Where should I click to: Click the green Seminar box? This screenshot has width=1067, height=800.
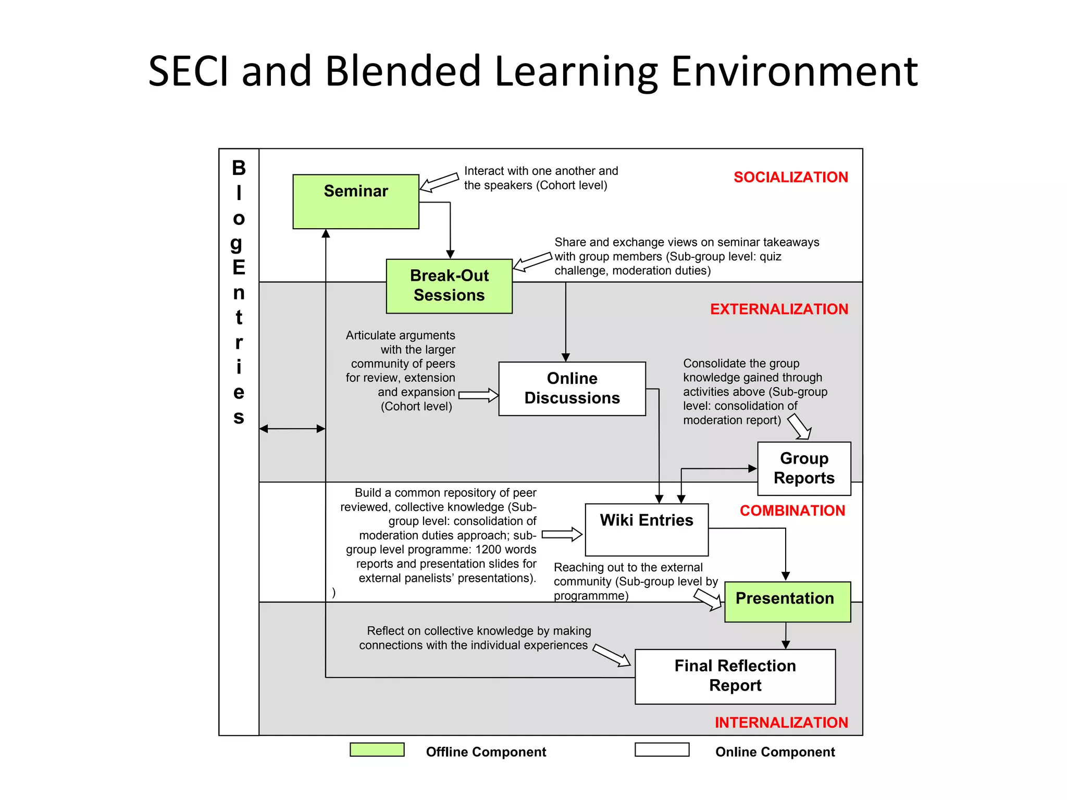pyautogui.click(x=356, y=202)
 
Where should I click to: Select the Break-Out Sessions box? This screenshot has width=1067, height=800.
pyautogui.click(x=449, y=286)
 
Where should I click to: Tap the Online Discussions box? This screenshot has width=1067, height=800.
pyautogui.click(x=572, y=389)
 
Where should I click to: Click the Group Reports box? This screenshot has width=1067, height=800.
pyautogui.click(x=804, y=468)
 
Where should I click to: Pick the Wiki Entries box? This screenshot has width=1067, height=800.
pyautogui.click(x=647, y=530)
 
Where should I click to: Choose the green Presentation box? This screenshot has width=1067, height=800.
pyautogui.click(x=787, y=602)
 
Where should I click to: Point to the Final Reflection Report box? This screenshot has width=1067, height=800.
pyautogui.click(x=735, y=677)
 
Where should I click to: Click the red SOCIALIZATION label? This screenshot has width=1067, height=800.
pyautogui.click(x=790, y=177)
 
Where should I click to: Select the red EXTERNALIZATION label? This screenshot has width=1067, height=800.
pyautogui.click(x=779, y=309)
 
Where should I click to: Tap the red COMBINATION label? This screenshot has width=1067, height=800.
pyautogui.click(x=792, y=510)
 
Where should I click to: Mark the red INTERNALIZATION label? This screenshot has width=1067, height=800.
pyautogui.click(x=781, y=722)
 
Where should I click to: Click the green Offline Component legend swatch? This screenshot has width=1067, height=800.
pyautogui.click(x=377, y=749)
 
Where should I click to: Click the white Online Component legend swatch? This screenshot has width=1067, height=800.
pyautogui.click(x=662, y=749)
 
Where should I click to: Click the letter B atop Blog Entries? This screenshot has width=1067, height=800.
pyautogui.click(x=239, y=168)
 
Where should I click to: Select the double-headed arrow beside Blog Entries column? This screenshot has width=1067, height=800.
pyautogui.click(x=292, y=429)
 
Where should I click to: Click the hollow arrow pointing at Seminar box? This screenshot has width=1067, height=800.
pyautogui.click(x=439, y=182)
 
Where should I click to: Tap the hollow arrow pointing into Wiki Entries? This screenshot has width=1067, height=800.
pyautogui.click(x=562, y=534)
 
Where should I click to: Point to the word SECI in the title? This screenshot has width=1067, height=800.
pyautogui.click(x=189, y=71)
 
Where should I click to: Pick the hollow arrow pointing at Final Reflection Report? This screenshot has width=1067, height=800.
pyautogui.click(x=612, y=655)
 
